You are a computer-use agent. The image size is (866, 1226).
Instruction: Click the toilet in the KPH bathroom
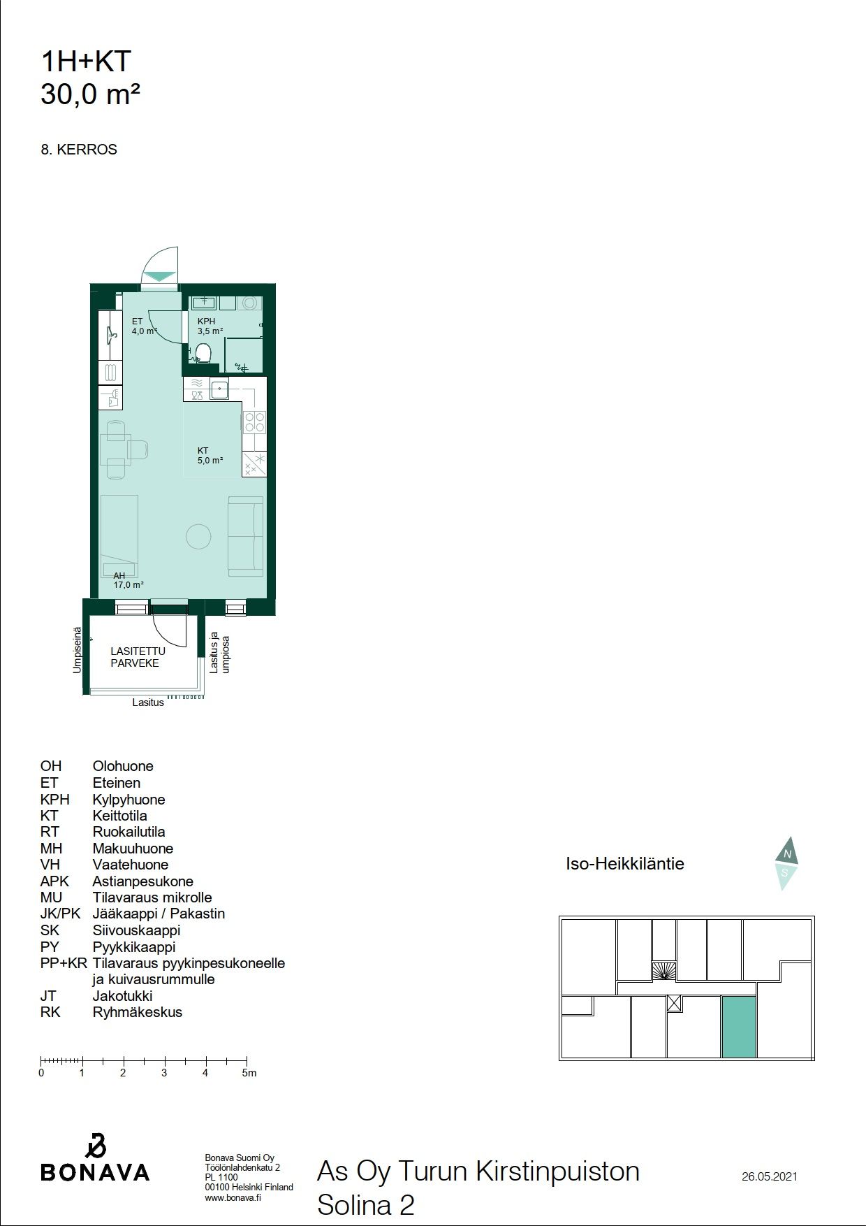(203, 354)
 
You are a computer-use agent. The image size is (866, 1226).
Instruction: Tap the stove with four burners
(254, 421)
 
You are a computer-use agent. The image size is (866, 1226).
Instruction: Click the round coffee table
(198, 537)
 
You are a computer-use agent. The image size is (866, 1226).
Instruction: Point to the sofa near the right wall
(246, 537)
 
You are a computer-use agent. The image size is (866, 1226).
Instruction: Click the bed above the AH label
(119, 535)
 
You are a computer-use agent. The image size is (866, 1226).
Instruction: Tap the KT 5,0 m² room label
(210, 456)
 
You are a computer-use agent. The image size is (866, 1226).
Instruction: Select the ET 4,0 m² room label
(143, 326)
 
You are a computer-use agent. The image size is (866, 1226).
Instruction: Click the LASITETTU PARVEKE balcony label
(138, 657)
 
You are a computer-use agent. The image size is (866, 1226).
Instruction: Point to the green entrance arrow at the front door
(159, 276)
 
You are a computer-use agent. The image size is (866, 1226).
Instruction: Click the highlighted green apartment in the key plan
(738, 1027)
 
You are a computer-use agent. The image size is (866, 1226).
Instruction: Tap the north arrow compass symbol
(786, 863)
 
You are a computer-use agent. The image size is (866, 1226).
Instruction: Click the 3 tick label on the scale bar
(164, 1073)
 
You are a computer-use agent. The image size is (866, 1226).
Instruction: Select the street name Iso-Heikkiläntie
(625, 864)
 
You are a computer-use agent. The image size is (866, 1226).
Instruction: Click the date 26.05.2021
(769, 1176)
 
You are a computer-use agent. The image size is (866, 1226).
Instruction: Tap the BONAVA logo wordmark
(95, 1172)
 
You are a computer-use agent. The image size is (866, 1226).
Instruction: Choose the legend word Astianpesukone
(142, 881)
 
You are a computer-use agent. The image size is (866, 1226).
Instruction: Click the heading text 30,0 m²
(91, 94)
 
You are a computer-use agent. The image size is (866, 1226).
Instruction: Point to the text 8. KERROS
(79, 150)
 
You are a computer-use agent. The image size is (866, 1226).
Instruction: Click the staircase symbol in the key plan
(664, 971)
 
